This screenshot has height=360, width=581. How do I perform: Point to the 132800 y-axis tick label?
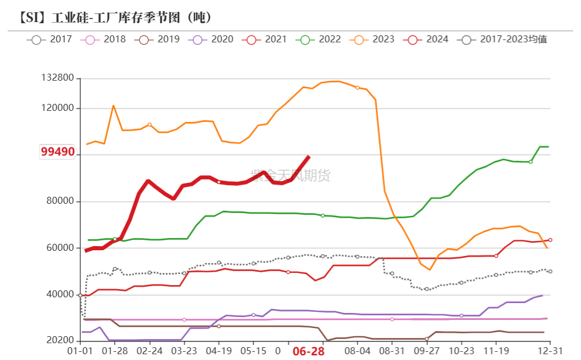pyautogui.click(x=57, y=78)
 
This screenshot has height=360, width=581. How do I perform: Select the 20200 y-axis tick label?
pyautogui.click(x=60, y=341)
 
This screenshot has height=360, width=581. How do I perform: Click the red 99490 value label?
pyautogui.click(x=57, y=152)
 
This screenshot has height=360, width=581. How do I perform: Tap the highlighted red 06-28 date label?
pyautogui.click(x=308, y=352)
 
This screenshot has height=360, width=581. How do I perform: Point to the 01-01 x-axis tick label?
pyautogui.click(x=80, y=352)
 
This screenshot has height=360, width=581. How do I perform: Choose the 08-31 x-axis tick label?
pyautogui.click(x=392, y=352)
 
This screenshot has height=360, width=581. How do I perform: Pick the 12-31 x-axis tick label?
pyautogui.click(x=550, y=352)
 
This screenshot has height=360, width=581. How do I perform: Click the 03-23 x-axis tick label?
pyautogui.click(x=185, y=352)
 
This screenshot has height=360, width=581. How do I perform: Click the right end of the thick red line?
pyautogui.click(x=309, y=156)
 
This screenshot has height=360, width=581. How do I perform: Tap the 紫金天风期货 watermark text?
pyautogui.click(x=290, y=175)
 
